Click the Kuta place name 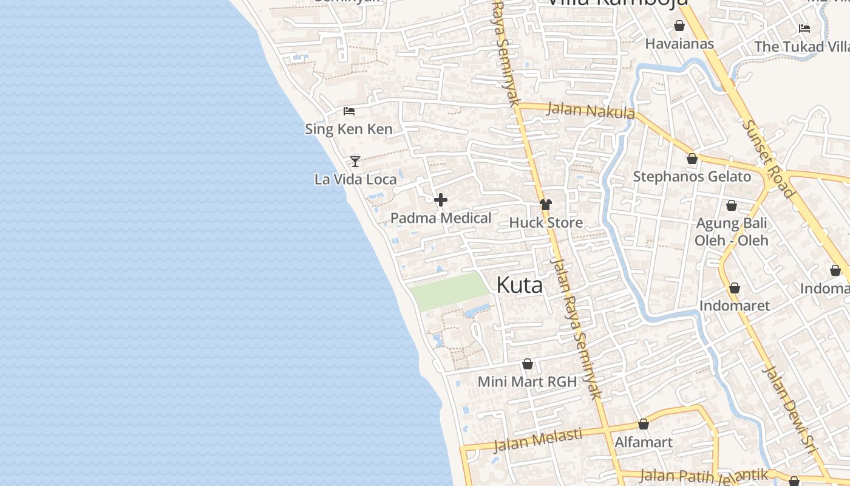[519, 285]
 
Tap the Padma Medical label [441, 218]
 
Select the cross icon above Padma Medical [441, 200]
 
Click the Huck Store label [546, 223]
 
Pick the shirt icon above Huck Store [546, 205]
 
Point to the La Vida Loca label [356, 179]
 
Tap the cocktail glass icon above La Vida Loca [355, 161]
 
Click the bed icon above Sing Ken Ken [349, 111]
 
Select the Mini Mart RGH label [527, 382]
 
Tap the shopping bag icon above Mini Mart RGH [528, 364]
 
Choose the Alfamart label [644, 442]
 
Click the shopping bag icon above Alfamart [644, 424]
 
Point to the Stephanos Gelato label [692, 177]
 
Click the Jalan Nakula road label [591, 110]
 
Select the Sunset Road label [769, 158]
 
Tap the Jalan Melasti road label [538, 440]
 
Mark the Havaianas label [679, 44]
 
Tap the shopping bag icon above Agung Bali [732, 205]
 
